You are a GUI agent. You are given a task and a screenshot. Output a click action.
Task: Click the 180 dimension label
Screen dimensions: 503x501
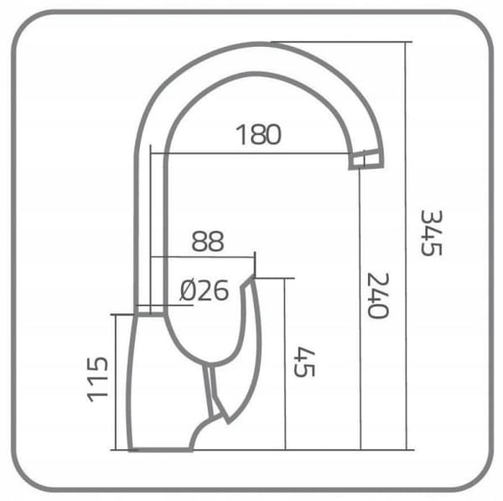point(258,134)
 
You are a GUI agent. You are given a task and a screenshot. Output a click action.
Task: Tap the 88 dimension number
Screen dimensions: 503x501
point(208,241)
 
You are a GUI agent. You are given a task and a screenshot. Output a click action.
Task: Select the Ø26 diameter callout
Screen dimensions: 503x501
point(205,290)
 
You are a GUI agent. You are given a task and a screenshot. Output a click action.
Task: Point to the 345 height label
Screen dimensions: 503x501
point(432,232)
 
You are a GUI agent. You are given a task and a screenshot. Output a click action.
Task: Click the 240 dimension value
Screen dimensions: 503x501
point(378,295)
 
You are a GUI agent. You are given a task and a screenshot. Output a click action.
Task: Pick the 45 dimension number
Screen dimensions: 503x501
point(304,362)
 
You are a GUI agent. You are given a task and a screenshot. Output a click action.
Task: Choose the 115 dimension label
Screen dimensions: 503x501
point(97,379)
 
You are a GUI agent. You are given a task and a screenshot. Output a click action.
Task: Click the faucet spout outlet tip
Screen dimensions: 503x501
point(366,159)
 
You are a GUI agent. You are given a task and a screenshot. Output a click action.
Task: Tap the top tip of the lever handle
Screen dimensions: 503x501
point(252,277)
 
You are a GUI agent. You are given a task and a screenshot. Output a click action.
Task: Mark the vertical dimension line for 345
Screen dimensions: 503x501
point(407,246)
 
